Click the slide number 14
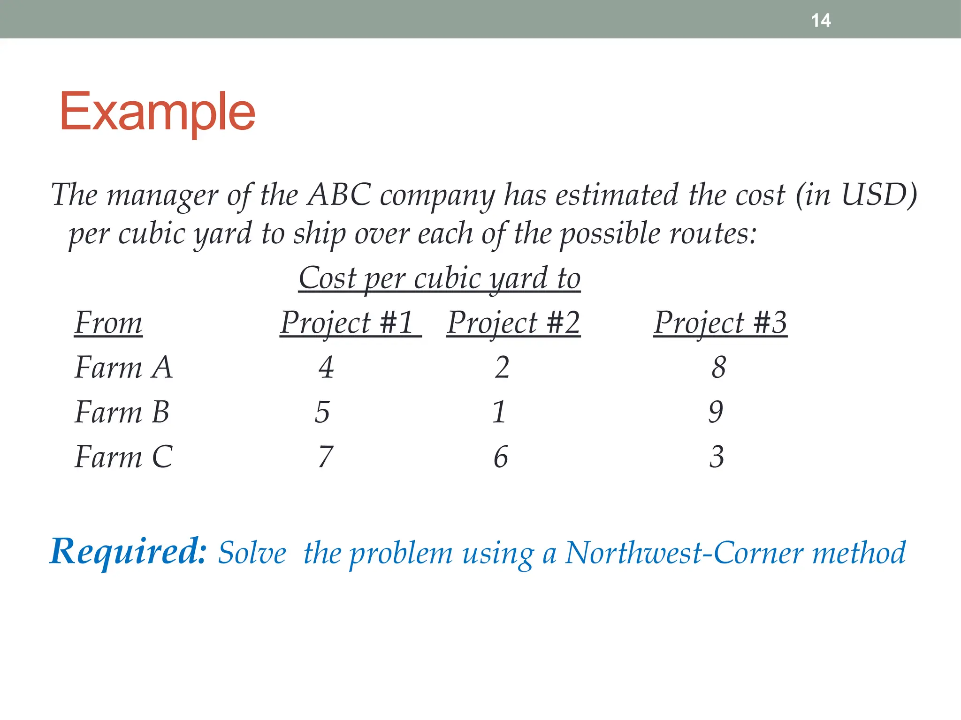click(x=821, y=21)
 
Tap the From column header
click(x=108, y=323)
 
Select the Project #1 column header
click(x=347, y=323)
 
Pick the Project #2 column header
click(x=514, y=323)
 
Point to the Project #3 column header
click(x=720, y=323)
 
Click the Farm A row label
click(x=124, y=367)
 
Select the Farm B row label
click(x=122, y=412)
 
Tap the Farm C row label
click(x=124, y=457)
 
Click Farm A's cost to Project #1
click(x=326, y=367)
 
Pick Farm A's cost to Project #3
click(x=718, y=367)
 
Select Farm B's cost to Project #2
click(x=499, y=412)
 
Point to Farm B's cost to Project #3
click(x=716, y=412)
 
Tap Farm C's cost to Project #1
click(x=325, y=457)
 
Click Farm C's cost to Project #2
click(x=501, y=457)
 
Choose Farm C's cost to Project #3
click(x=717, y=457)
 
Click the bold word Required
click(x=128, y=552)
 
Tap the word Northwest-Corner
click(x=684, y=553)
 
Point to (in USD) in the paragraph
click(x=856, y=195)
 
